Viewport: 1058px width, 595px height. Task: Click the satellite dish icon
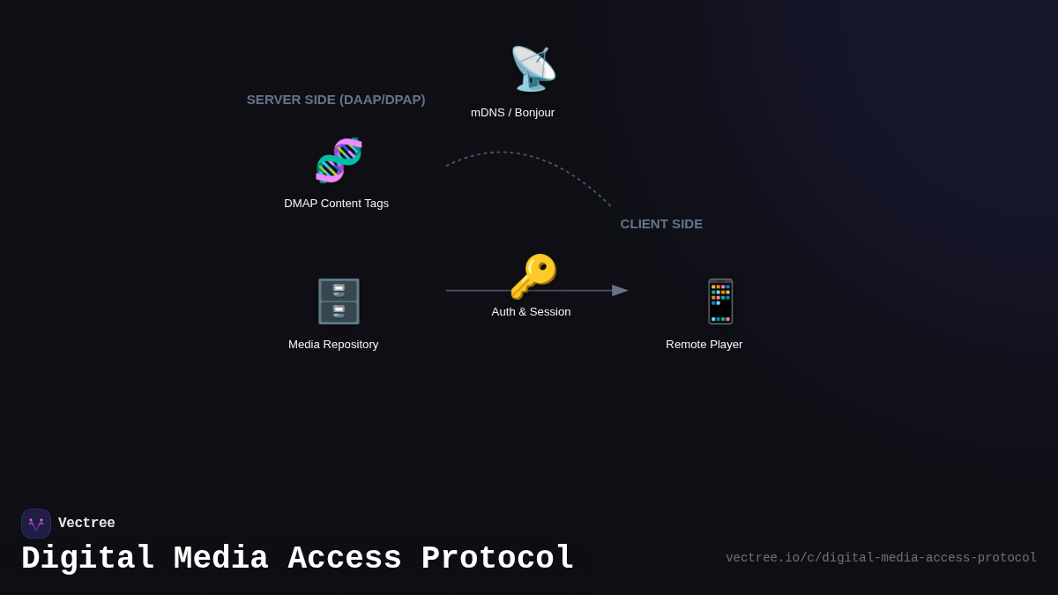click(x=533, y=69)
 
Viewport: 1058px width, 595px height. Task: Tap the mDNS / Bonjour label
click(x=512, y=113)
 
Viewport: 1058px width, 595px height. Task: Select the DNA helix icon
click(x=339, y=160)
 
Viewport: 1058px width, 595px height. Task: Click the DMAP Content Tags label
click(x=336, y=204)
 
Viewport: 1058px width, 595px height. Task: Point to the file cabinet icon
click(x=339, y=301)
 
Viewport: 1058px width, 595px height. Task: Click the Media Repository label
click(x=333, y=345)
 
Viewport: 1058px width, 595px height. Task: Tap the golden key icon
click(x=533, y=277)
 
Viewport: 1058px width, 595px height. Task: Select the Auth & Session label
click(x=531, y=312)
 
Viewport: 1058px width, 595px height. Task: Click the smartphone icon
click(x=720, y=301)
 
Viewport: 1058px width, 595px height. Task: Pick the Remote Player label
click(x=704, y=345)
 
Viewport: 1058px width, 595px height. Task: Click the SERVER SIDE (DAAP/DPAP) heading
click(x=336, y=100)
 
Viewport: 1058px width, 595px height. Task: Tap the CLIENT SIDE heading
click(x=661, y=224)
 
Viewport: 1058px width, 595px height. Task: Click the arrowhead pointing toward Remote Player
click(x=620, y=291)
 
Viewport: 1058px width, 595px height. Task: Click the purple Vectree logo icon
click(x=36, y=524)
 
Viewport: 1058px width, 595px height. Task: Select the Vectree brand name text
click(x=86, y=524)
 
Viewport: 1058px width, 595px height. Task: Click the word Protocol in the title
click(x=497, y=559)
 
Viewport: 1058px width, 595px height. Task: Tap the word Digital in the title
click(x=88, y=559)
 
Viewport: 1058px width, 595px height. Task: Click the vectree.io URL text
click(x=881, y=558)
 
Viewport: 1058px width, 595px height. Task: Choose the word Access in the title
click(x=345, y=559)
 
